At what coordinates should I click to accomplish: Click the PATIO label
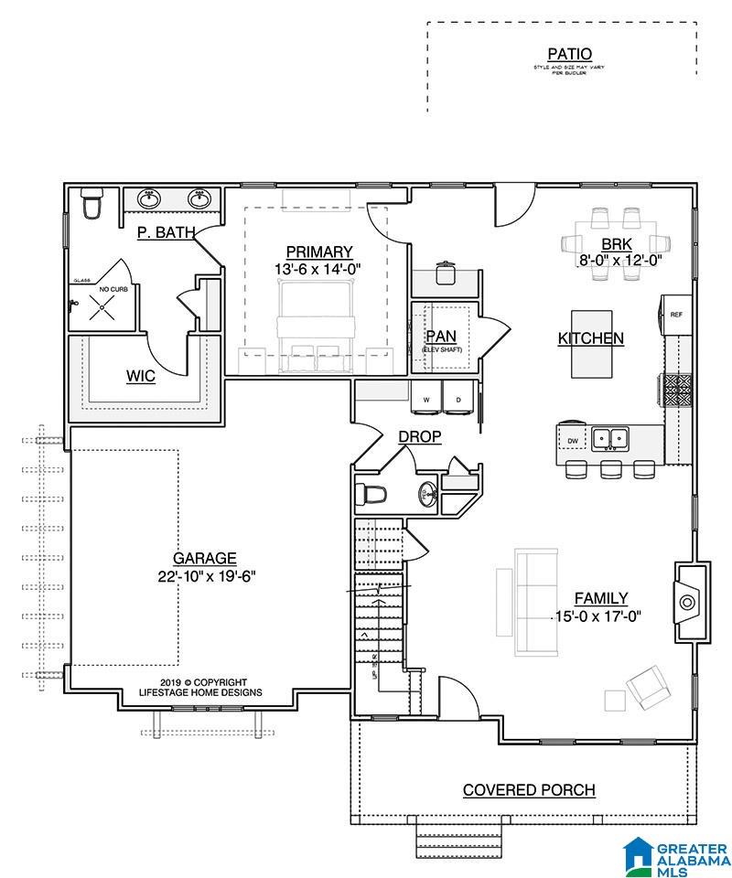(569, 55)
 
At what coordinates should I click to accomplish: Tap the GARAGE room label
(205, 558)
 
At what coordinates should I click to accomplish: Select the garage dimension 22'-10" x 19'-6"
(205, 576)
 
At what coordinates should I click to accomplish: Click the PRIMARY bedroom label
(318, 252)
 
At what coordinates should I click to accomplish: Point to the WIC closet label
(140, 377)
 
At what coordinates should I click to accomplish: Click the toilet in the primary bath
(91, 205)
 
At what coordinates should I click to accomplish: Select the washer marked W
(426, 399)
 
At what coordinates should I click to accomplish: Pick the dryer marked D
(457, 399)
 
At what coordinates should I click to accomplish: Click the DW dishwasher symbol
(573, 441)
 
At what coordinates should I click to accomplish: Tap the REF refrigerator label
(676, 314)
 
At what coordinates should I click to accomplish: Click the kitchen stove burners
(678, 390)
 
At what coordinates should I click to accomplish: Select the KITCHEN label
(591, 338)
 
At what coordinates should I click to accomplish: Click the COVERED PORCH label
(529, 790)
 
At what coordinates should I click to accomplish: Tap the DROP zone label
(420, 437)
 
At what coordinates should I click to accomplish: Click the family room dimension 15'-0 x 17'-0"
(598, 616)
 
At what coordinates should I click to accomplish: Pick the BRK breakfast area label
(611, 244)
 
